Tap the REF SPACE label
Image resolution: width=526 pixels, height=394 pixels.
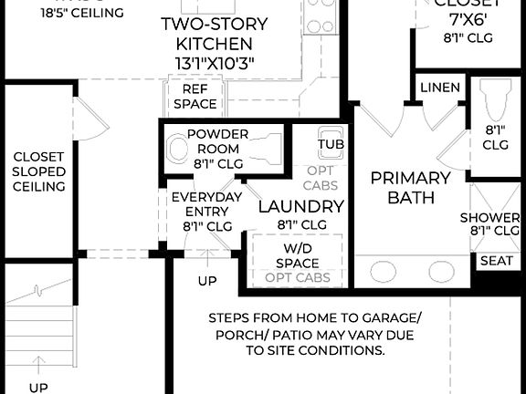195,97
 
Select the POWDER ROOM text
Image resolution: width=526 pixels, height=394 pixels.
217,140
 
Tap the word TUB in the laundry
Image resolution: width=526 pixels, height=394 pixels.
330,144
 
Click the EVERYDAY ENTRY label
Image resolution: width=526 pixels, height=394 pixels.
206,204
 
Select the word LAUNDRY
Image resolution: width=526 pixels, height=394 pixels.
300,206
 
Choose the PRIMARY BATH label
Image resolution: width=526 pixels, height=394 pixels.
410,187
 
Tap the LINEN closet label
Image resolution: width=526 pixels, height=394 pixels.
440,88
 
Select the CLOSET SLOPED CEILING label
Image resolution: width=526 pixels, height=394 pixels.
38,171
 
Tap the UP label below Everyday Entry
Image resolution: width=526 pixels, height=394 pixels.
207,281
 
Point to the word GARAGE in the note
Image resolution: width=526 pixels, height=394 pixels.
394,318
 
